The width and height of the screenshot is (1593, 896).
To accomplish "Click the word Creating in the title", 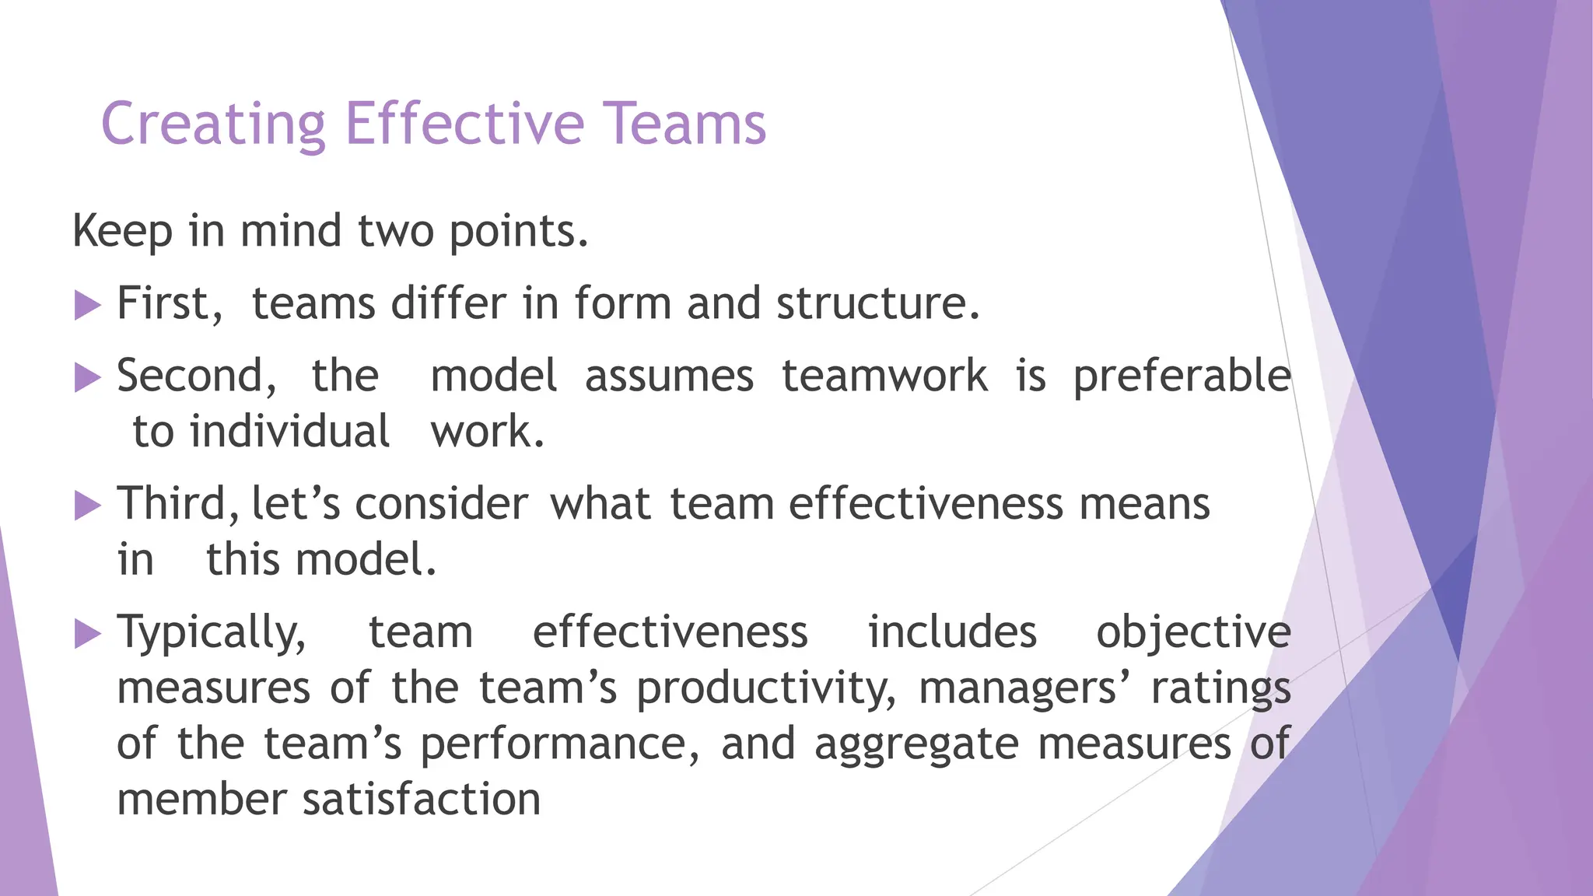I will (213, 124).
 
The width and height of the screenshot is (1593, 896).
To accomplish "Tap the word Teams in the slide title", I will (684, 124).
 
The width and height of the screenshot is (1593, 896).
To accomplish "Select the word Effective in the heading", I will (464, 124).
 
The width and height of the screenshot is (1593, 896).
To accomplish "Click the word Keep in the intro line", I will (122, 232).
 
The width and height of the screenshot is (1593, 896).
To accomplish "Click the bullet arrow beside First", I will (88, 305).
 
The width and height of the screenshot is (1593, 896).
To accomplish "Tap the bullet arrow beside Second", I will (88, 378).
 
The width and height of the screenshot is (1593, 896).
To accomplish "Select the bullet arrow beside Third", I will (88, 506).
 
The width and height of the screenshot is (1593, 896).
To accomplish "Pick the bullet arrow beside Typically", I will (88, 634).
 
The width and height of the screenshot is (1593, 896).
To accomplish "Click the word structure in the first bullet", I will (876, 303).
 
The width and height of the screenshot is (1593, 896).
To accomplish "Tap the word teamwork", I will (884, 376).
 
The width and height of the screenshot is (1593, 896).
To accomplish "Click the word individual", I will (289, 432).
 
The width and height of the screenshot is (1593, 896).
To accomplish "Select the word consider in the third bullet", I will (441, 504).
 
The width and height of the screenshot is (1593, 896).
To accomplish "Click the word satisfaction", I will (421, 800).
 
